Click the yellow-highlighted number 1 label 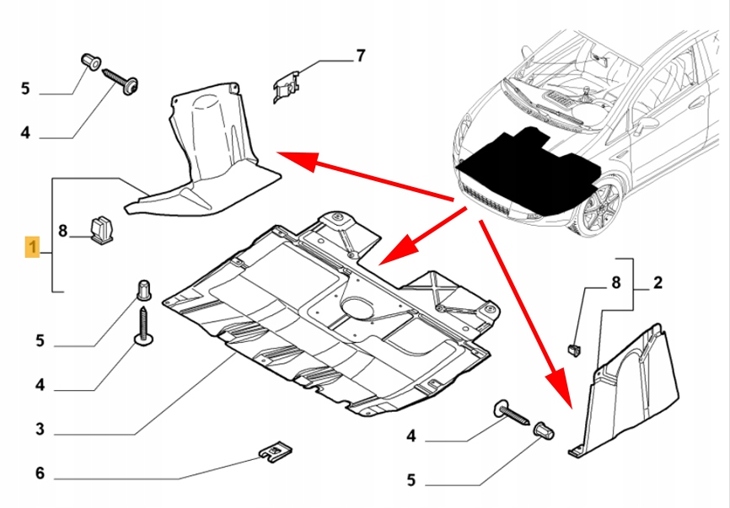(x=32, y=248)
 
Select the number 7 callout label (x=360, y=56)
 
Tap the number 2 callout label (x=658, y=284)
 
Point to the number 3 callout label (x=40, y=430)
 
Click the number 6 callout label (x=40, y=473)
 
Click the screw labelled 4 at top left (x=122, y=81)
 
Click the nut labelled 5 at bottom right (x=544, y=433)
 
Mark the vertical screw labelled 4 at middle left (x=144, y=326)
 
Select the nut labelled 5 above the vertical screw (x=143, y=289)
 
